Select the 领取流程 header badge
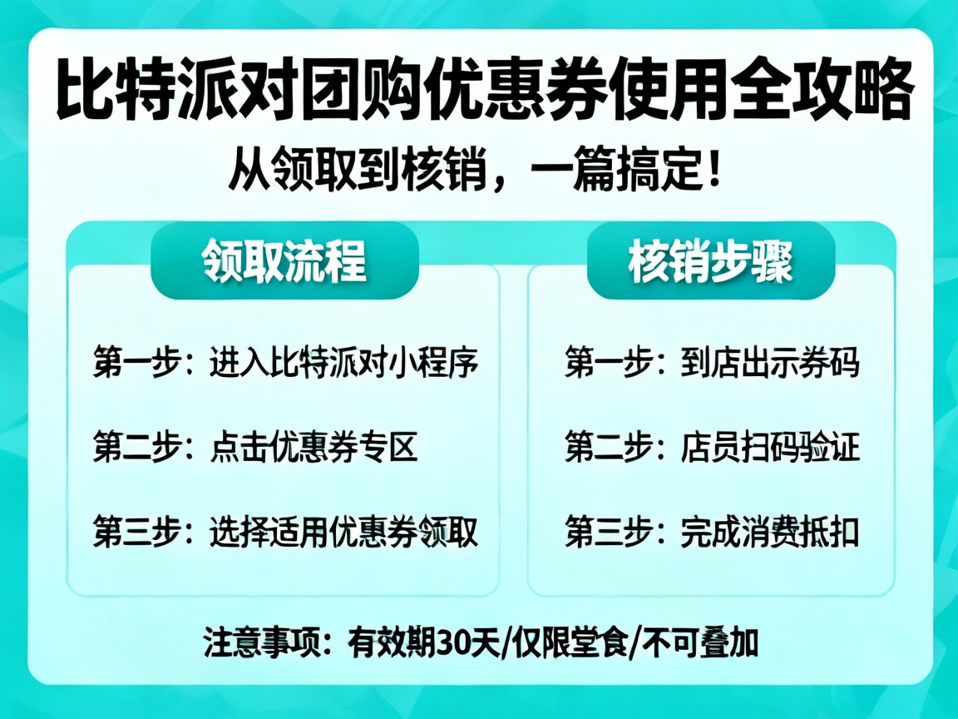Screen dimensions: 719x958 [x=284, y=261]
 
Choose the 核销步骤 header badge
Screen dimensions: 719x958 [x=711, y=261]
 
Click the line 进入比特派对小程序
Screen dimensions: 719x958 [x=344, y=363]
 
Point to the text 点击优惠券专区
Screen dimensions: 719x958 [x=313, y=448]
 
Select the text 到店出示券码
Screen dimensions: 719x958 [x=769, y=363]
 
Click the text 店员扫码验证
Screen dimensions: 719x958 [x=769, y=448]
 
